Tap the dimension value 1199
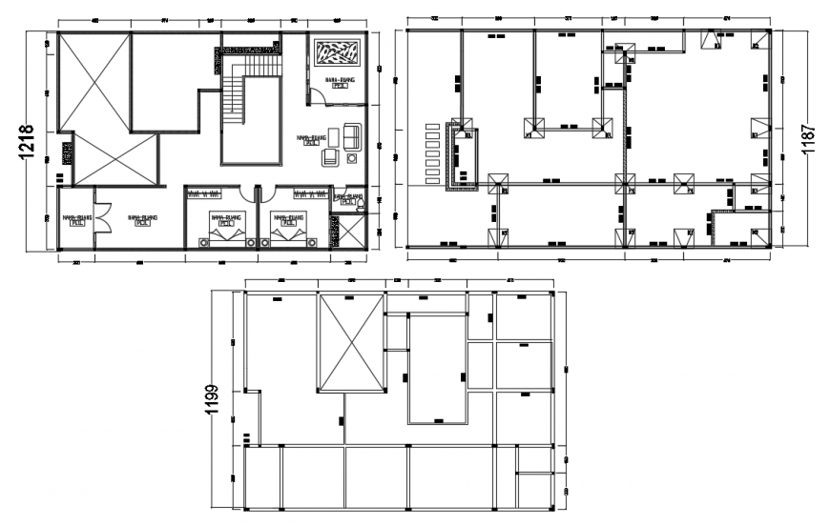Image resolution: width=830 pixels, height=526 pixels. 217,401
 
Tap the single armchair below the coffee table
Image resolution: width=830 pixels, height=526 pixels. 330,156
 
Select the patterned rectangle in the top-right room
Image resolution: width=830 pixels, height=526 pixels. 338,52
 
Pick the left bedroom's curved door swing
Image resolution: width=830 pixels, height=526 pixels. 242,194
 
